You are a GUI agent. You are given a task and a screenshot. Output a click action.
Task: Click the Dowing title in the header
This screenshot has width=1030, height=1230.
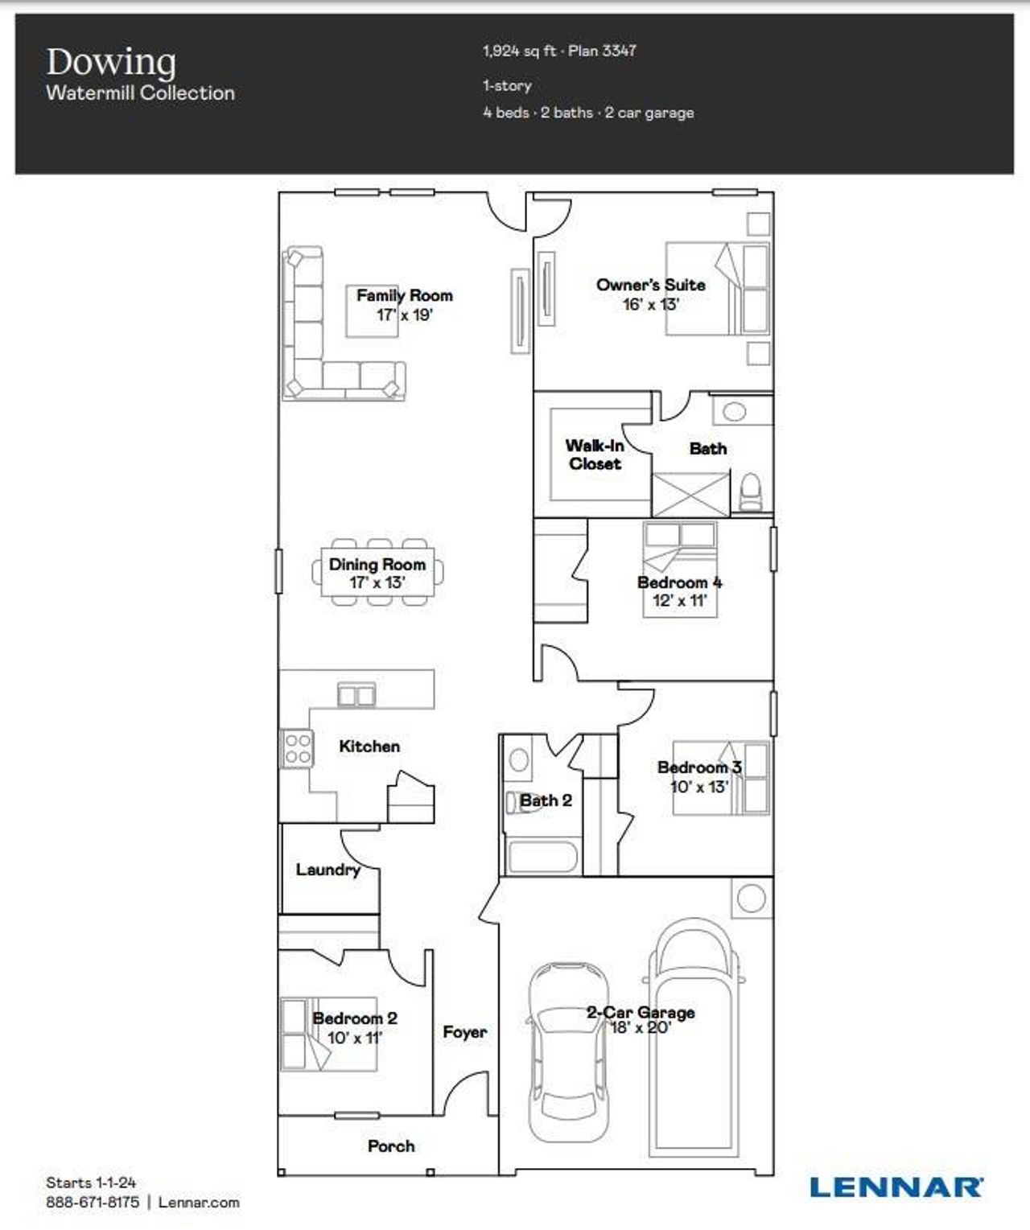point(111,63)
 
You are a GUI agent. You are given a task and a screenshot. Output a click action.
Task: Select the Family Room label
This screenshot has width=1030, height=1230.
point(404,295)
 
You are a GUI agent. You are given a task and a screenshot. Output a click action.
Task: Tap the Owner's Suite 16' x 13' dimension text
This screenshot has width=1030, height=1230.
point(650,304)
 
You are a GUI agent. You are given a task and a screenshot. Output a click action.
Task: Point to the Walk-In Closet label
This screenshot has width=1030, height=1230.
point(595,455)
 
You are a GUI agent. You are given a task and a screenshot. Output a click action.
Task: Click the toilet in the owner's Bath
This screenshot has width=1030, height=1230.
point(750,492)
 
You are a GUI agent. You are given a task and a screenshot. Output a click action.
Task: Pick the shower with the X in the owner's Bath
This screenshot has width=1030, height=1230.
point(690,494)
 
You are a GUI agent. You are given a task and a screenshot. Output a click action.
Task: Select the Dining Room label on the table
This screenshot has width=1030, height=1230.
point(377,564)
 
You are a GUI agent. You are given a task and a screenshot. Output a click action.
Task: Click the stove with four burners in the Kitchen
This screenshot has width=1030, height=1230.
point(297,748)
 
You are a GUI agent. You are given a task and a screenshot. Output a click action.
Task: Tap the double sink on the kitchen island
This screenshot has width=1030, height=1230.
point(356,694)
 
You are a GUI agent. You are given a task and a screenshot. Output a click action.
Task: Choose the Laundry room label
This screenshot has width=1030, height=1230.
point(328,870)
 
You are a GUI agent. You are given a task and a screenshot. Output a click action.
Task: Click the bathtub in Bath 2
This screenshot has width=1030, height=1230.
point(543,857)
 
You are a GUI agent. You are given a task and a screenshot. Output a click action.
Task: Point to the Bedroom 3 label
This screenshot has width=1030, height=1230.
point(698,767)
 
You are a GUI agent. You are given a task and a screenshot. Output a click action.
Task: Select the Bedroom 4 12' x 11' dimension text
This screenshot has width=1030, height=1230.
point(679,600)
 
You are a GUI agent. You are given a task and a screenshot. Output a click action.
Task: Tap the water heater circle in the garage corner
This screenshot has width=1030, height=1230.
point(752,898)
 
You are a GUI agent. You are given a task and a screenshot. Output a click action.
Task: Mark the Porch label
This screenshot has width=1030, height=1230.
point(391,1146)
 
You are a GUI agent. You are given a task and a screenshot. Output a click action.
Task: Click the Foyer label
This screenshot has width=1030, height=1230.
point(464,1031)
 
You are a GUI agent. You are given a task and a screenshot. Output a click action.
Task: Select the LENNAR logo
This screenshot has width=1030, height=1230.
point(896,1187)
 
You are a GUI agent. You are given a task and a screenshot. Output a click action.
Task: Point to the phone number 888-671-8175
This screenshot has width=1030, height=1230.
point(93,1202)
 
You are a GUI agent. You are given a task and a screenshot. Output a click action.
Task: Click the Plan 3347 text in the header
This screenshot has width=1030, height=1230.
point(602,51)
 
